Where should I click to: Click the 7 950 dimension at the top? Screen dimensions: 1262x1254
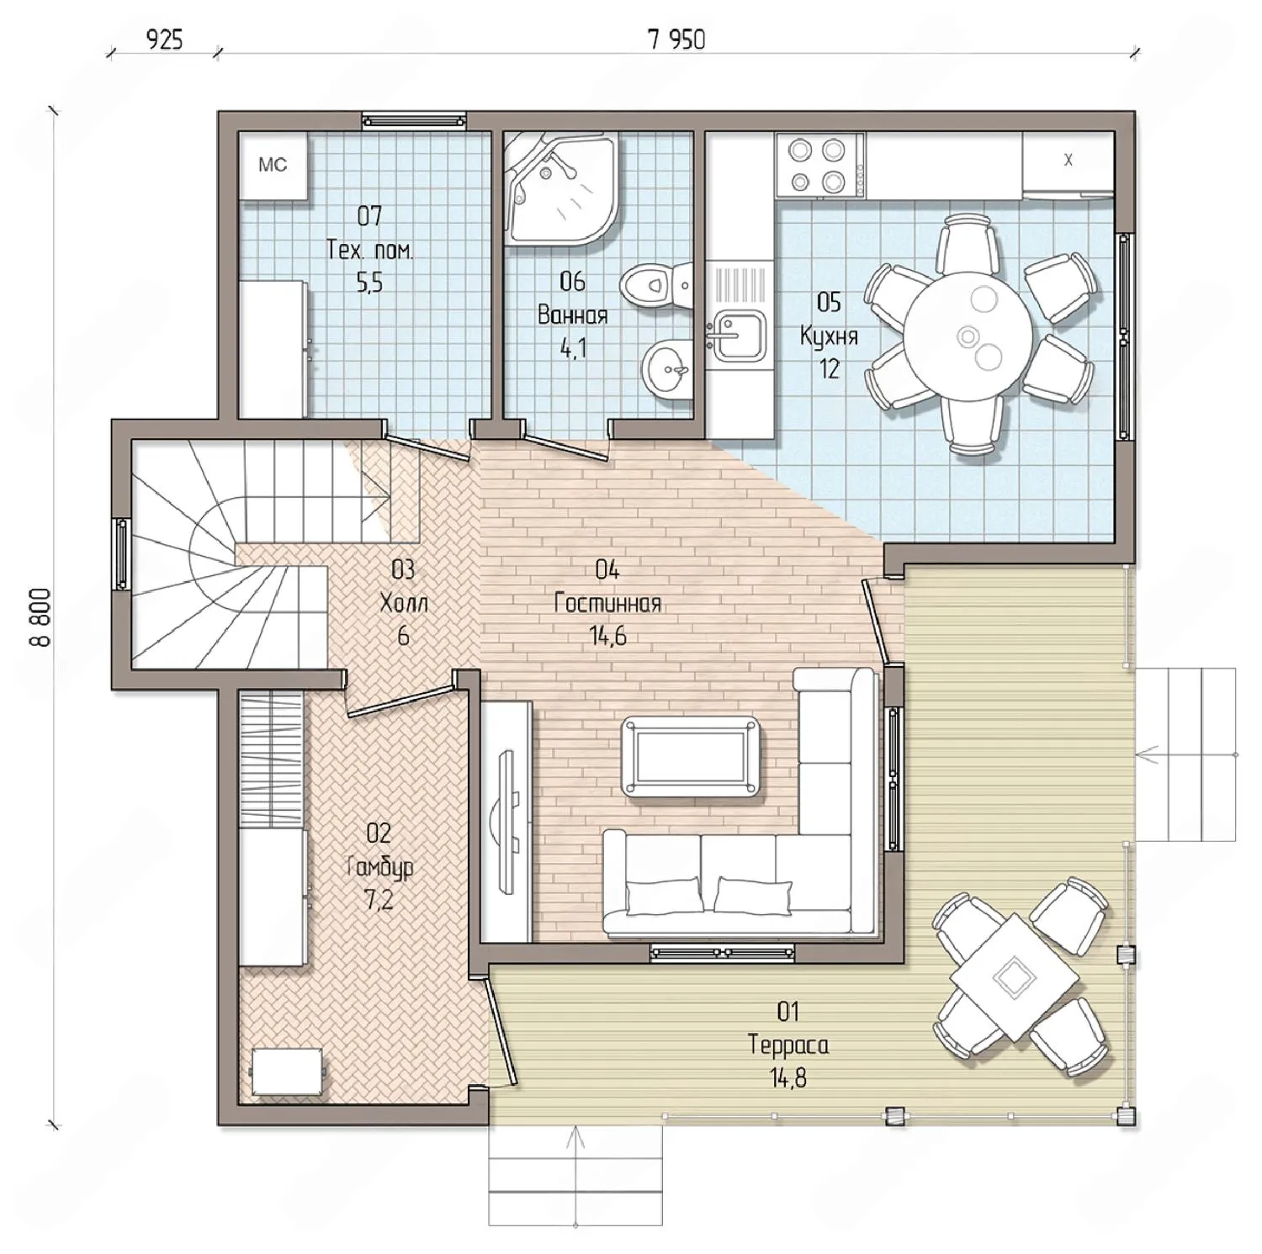click(676, 39)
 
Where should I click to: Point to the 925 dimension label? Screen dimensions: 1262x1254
click(164, 39)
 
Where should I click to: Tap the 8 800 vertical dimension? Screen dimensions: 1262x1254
click(40, 616)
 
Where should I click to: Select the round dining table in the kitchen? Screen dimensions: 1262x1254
click(968, 335)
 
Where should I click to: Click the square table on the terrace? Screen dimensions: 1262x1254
click(1014, 977)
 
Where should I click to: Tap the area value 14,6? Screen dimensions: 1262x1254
click(607, 637)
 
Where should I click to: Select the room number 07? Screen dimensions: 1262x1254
click(369, 216)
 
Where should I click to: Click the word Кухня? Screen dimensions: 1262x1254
click(829, 336)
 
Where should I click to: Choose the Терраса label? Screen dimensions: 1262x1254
click(788, 1045)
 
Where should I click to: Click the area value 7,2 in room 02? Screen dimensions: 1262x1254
click(379, 901)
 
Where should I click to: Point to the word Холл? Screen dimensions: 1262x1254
click(404, 603)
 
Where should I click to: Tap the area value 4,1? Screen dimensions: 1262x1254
click(573, 348)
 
